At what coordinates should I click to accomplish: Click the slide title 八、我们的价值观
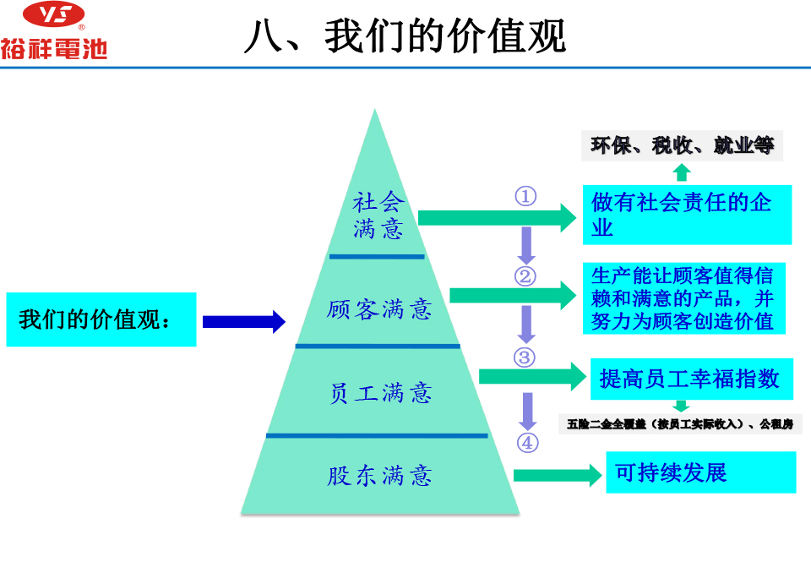405,37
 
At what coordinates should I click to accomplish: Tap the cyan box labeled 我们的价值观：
101,319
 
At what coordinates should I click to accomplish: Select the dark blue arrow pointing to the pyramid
243,321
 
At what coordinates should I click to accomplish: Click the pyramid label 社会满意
379,216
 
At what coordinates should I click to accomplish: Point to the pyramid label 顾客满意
379,309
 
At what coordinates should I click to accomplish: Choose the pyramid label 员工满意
379,392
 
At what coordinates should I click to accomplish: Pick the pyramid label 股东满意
379,476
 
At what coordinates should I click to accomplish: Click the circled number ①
525,196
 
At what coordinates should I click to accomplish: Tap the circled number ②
525,276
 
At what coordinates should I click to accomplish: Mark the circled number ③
525,357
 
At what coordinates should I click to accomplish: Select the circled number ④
527,442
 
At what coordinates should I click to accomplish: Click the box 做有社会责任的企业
687,215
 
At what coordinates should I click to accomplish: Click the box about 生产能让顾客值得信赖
686,298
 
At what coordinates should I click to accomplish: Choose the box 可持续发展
700,472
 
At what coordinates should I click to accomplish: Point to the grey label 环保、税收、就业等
683,145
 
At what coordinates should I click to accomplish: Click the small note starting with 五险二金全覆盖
680,423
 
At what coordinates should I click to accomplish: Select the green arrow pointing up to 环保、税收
683,172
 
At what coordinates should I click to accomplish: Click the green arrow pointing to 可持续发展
558,475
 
